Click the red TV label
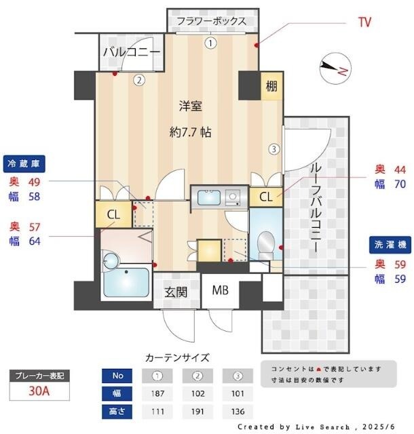point(364,22)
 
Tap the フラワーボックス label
point(211,21)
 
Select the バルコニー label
point(132,52)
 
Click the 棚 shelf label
point(271,86)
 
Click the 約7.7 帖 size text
point(190,132)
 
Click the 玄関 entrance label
point(176,292)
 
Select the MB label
point(220,292)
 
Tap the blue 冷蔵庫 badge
point(26,163)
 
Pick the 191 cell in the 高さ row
point(197,411)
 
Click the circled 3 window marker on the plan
point(273,149)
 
